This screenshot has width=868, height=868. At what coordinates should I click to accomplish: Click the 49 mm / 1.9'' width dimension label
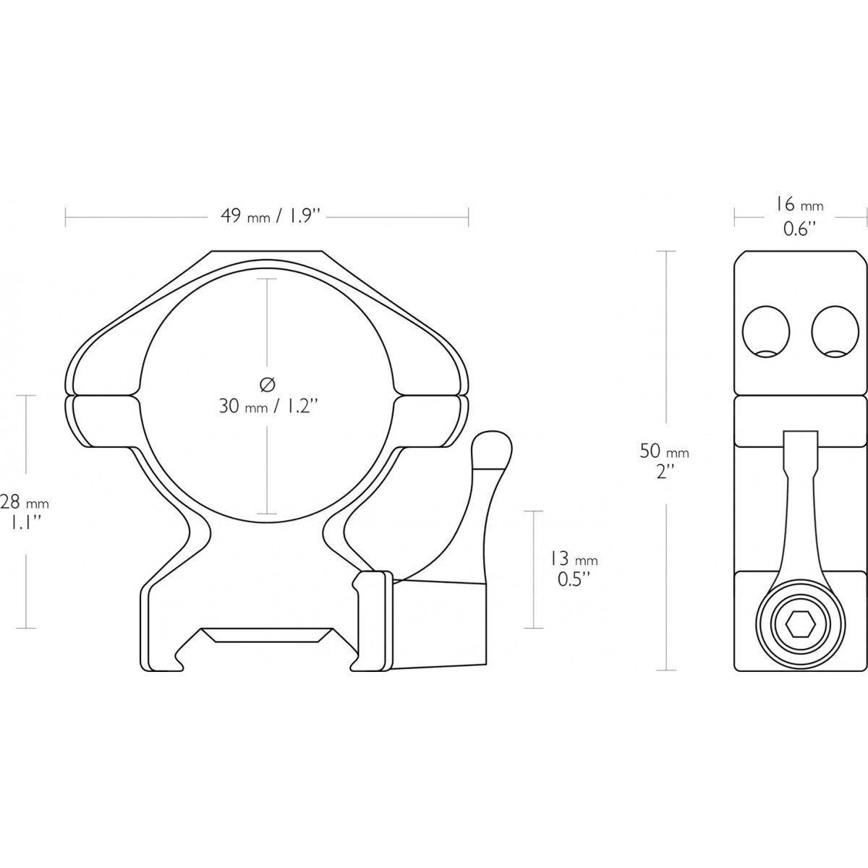(x=270, y=217)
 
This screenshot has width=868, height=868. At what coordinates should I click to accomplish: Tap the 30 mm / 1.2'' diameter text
(x=268, y=406)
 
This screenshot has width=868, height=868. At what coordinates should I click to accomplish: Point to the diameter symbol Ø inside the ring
(x=268, y=384)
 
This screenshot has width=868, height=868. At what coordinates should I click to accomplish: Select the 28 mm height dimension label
(x=24, y=512)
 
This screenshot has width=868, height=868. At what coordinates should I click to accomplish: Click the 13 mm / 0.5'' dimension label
(x=574, y=569)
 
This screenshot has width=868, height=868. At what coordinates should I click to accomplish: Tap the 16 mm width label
(x=799, y=217)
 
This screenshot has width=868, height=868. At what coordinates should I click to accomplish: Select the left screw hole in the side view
(x=766, y=332)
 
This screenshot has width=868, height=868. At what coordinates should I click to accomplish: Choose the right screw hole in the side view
(x=835, y=332)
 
